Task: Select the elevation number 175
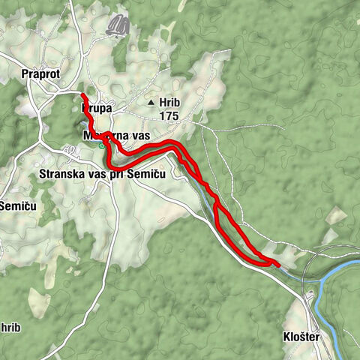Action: click(170, 115)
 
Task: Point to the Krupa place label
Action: click(96, 109)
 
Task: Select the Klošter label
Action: click(302, 337)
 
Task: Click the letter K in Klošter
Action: click(289, 337)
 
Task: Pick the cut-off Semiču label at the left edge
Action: click(15, 205)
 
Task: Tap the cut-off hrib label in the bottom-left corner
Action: click(9, 328)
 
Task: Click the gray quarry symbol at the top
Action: click(118, 27)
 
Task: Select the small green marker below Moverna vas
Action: click(102, 146)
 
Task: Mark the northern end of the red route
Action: click(82, 96)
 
